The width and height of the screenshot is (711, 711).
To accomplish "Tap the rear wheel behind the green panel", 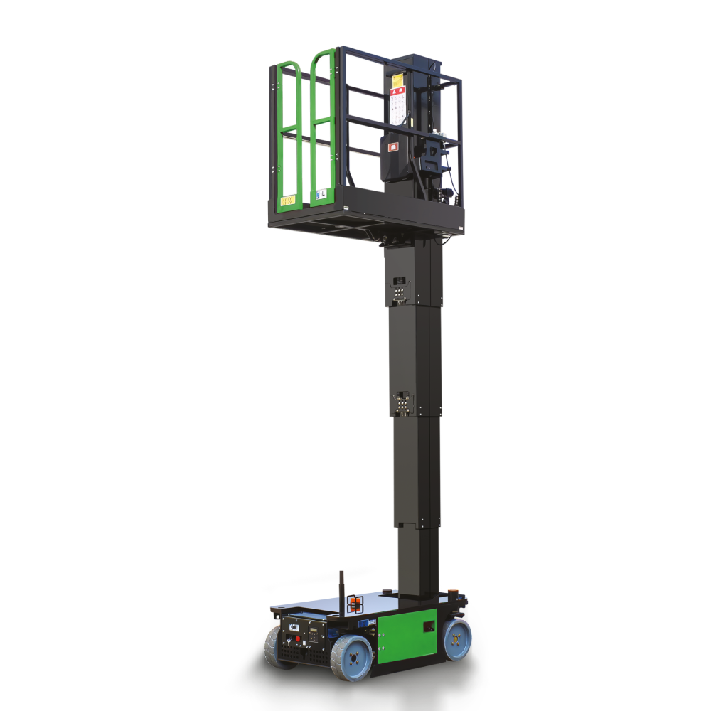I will [x=457, y=638].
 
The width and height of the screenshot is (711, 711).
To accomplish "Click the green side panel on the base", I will [x=407, y=633].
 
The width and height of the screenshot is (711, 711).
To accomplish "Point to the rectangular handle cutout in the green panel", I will [x=429, y=626].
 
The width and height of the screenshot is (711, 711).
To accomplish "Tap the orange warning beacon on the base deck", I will [x=355, y=604].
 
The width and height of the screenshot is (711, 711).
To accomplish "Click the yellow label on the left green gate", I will [x=287, y=201].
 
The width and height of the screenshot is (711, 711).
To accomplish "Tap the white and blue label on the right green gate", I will [x=321, y=193].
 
